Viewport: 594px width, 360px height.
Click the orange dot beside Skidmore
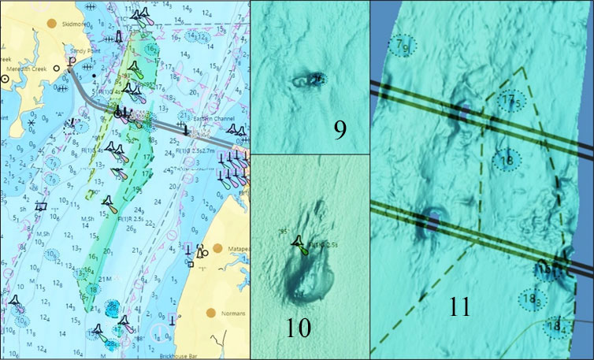[x=52, y=24]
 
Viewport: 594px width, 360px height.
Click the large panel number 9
[x=340, y=128]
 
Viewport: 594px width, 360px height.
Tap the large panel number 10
[x=299, y=328]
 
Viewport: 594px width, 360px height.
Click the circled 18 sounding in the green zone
[x=94, y=289]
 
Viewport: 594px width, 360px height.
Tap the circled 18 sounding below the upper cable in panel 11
[x=507, y=160]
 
